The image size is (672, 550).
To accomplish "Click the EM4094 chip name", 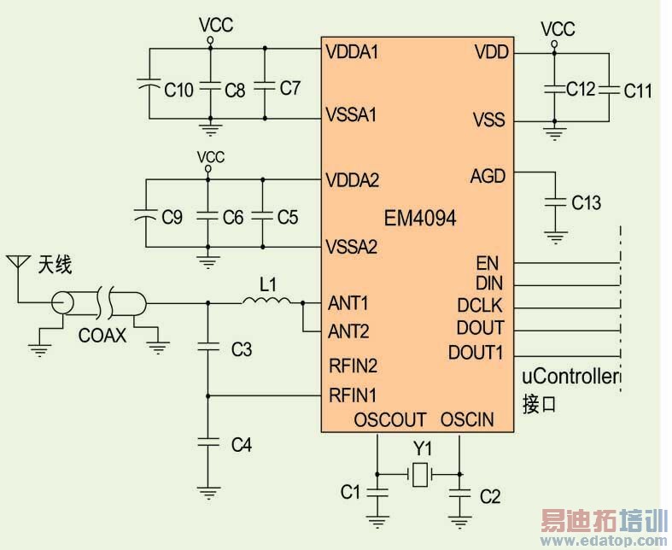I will click(420, 219).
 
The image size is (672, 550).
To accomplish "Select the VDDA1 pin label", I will click(352, 50).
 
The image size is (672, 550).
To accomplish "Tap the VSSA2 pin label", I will click(353, 248).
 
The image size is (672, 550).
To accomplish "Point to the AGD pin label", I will click(488, 177).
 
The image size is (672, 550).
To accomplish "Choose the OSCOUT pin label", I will click(389, 420).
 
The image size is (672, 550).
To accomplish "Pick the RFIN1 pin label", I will click(352, 395).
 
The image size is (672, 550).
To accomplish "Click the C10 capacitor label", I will click(178, 89).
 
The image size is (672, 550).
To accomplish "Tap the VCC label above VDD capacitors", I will click(558, 29).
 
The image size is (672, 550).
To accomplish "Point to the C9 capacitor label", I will click(172, 218).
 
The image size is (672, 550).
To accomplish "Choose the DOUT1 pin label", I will click(476, 352).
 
